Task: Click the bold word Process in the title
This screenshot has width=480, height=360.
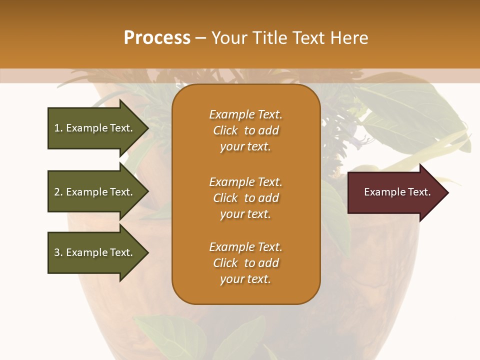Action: tap(157, 38)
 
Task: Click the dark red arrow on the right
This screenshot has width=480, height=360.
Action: tap(395, 192)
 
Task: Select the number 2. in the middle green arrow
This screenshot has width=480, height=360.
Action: tap(58, 192)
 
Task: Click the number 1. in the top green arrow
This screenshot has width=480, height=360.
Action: tap(58, 128)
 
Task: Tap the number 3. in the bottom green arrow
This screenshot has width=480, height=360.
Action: tap(58, 252)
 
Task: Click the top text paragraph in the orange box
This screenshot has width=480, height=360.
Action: tap(245, 130)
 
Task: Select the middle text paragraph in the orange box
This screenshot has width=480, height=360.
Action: tap(245, 198)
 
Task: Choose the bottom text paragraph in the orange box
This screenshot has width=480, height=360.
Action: tap(245, 263)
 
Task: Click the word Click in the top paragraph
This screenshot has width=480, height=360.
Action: tap(225, 130)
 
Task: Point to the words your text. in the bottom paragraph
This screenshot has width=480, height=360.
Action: tap(245, 279)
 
